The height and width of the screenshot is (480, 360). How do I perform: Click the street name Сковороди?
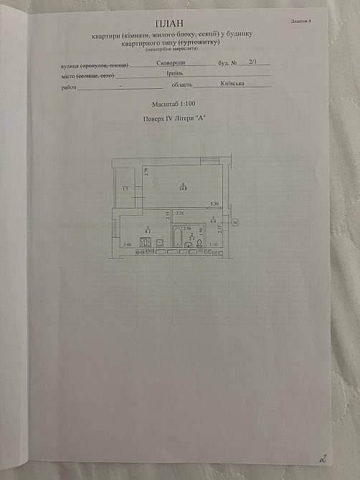tap(169, 64)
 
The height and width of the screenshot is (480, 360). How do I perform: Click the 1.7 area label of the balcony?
tap(124, 188)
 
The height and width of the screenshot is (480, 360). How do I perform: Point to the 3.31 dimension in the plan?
tap(181, 213)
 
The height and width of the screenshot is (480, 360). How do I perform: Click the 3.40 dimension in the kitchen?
tap(127, 246)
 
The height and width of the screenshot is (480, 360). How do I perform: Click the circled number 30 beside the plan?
tap(237, 223)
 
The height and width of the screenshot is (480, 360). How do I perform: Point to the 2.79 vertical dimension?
tap(146, 171)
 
